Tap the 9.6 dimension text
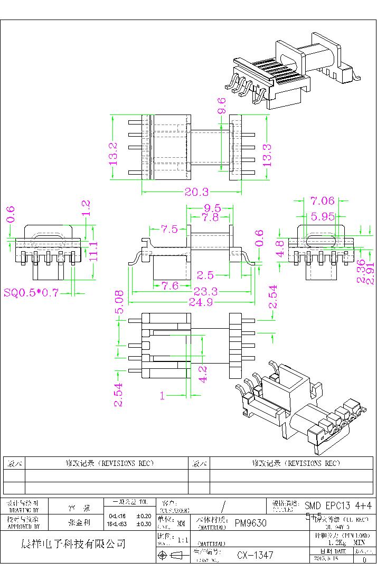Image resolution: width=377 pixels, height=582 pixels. (222, 106)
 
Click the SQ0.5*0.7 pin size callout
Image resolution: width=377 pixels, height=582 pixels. (31, 292)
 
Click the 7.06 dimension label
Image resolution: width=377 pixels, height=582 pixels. (322, 201)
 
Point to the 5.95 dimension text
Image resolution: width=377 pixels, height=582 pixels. (322, 216)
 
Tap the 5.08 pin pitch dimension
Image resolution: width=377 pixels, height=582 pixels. (120, 302)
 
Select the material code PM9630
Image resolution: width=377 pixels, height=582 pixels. (250, 523)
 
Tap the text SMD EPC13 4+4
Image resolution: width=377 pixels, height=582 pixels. (338, 506)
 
